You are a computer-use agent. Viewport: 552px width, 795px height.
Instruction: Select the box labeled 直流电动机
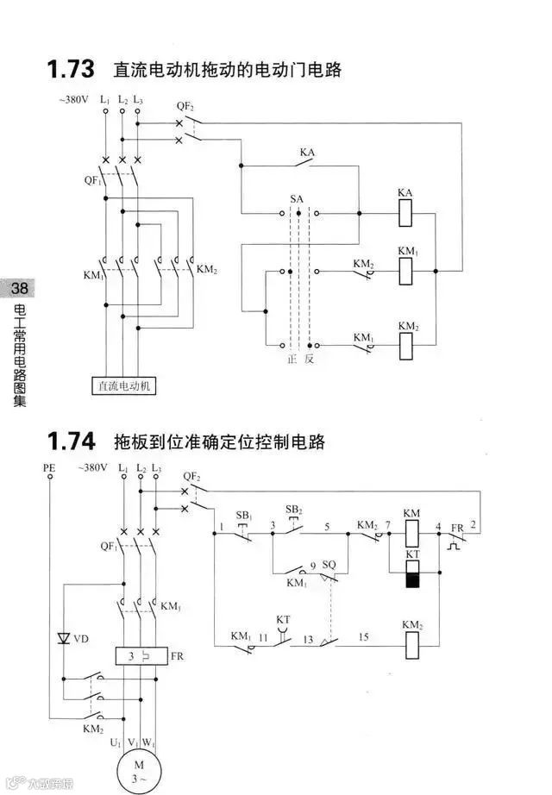[x=124, y=385]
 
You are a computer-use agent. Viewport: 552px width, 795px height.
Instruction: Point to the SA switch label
[x=297, y=198]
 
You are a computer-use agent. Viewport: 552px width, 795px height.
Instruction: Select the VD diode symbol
[x=62, y=639]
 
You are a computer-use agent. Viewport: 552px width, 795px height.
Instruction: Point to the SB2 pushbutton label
[x=294, y=510]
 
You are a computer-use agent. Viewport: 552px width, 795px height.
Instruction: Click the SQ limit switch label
[x=328, y=564]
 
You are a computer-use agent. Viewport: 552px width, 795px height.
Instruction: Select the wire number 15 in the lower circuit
[x=363, y=637]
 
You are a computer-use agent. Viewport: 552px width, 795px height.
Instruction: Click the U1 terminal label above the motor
[x=115, y=741]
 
